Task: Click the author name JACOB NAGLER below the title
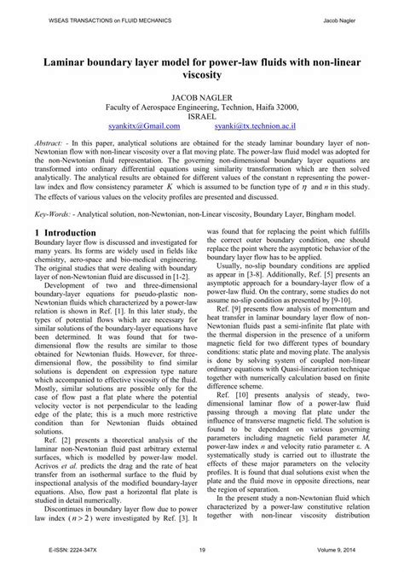(201, 98)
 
